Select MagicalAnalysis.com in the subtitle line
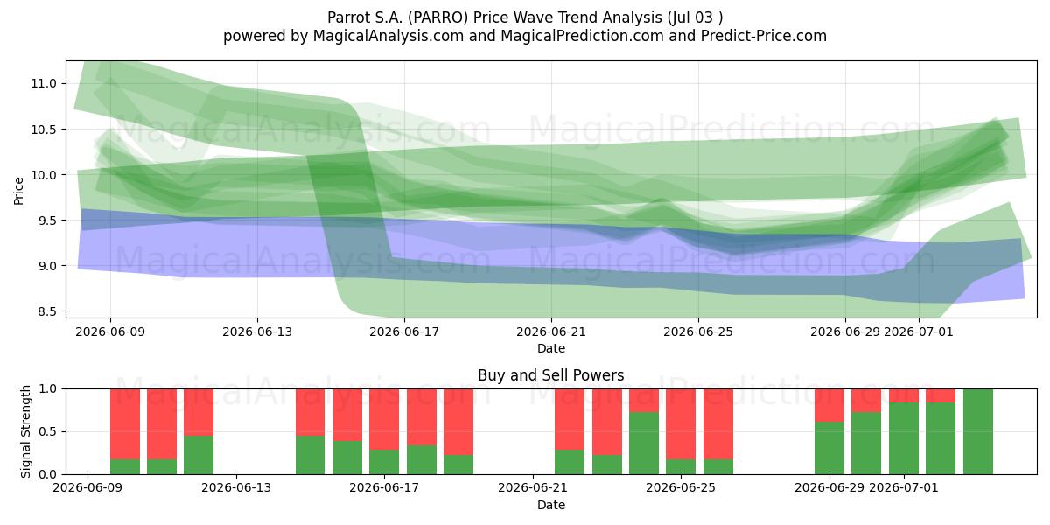tap(388, 36)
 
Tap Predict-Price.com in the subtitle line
tap(764, 36)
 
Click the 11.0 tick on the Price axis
tap(43, 83)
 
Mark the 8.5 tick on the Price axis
tap(43, 311)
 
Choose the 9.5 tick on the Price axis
tap(43, 220)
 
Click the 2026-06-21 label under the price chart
tap(551, 332)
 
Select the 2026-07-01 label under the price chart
tap(919, 332)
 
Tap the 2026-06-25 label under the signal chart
tap(681, 488)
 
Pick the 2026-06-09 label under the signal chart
tap(87, 488)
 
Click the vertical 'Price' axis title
tap(18, 191)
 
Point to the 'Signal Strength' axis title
tap(25, 431)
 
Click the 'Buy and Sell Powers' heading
tap(551, 375)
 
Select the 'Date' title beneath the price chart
tap(551, 349)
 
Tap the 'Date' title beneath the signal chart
tap(551, 506)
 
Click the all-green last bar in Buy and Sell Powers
tap(978, 431)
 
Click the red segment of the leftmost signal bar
tap(125, 424)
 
